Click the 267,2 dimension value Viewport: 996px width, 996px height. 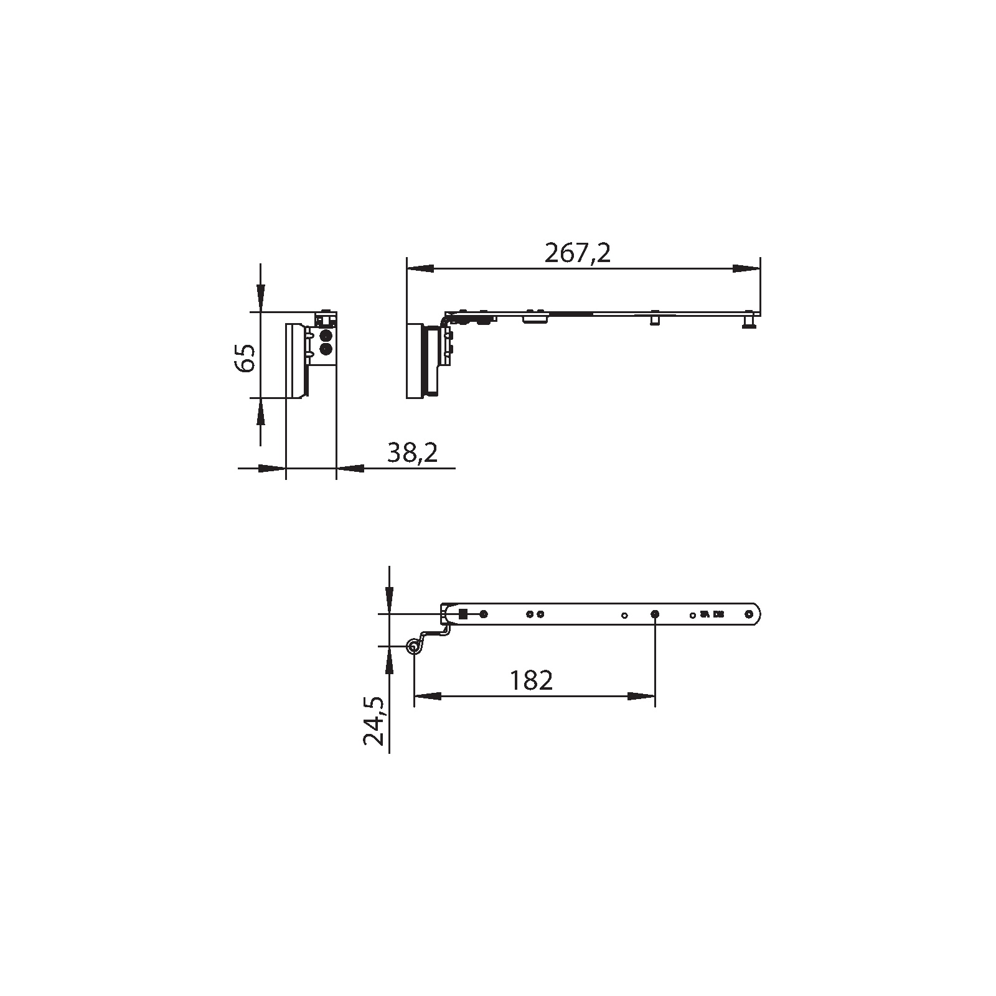(x=577, y=253)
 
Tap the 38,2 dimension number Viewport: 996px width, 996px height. (x=412, y=453)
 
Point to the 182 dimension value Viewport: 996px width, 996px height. (x=530, y=680)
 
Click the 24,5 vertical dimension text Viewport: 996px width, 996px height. (x=375, y=721)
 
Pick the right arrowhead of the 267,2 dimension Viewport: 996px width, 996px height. (x=746, y=269)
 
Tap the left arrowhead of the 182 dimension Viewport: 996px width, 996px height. (x=428, y=696)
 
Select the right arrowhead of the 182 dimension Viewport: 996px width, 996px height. (x=641, y=696)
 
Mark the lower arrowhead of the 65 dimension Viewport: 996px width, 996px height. (x=260, y=411)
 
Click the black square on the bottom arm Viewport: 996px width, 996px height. (x=463, y=614)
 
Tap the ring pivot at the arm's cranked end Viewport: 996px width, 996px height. (x=413, y=648)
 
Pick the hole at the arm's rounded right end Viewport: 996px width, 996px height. (x=749, y=614)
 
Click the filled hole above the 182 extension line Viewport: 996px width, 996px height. (x=655, y=614)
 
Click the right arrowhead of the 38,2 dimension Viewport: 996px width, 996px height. (x=349, y=467)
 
